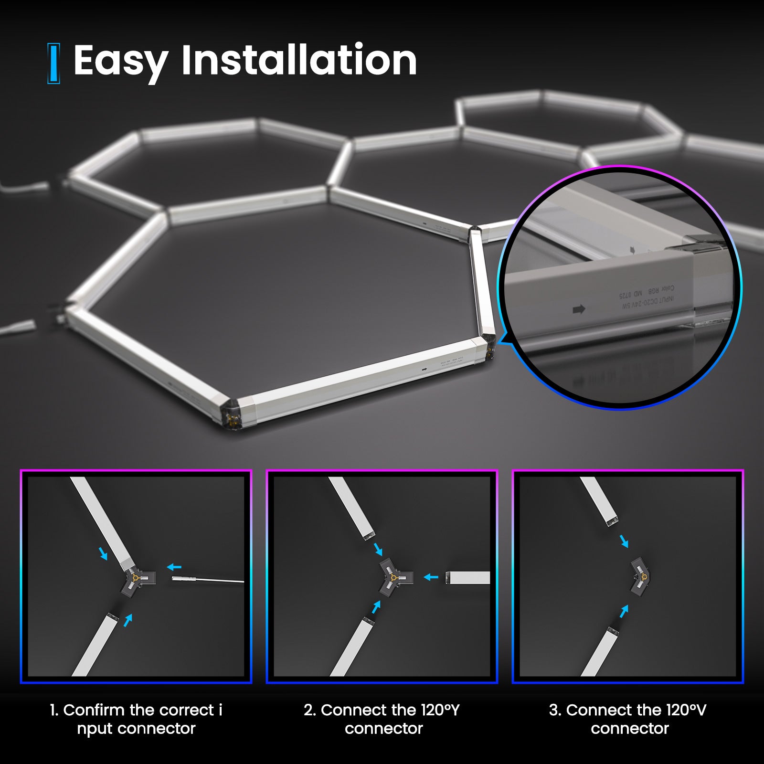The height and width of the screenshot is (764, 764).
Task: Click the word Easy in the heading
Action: pos(120,61)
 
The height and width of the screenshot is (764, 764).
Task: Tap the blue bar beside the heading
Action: pos(54,63)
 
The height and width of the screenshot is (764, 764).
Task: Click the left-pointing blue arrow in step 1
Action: pos(174,567)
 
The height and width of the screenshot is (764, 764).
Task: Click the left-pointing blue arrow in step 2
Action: pos(431,577)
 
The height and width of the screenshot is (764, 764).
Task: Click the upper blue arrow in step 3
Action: pos(624,541)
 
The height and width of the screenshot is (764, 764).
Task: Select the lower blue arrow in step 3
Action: pos(624,611)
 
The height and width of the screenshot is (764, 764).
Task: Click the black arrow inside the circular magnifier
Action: pos(579,310)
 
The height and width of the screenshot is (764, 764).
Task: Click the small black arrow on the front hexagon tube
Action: pos(424,370)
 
